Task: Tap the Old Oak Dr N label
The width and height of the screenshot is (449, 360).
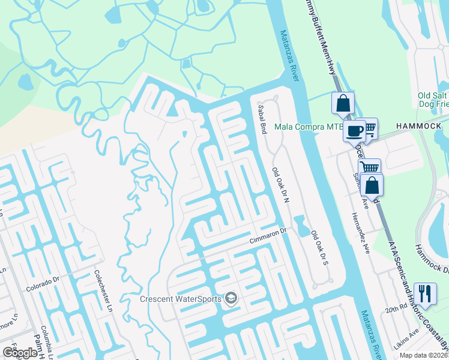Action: click(280, 185)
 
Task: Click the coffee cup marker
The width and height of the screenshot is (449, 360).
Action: click(354, 130)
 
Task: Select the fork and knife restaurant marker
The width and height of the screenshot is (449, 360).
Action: click(425, 293)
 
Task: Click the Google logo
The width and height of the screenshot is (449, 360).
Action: click(20, 353)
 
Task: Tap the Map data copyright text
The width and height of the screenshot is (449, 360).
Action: click(423, 355)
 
